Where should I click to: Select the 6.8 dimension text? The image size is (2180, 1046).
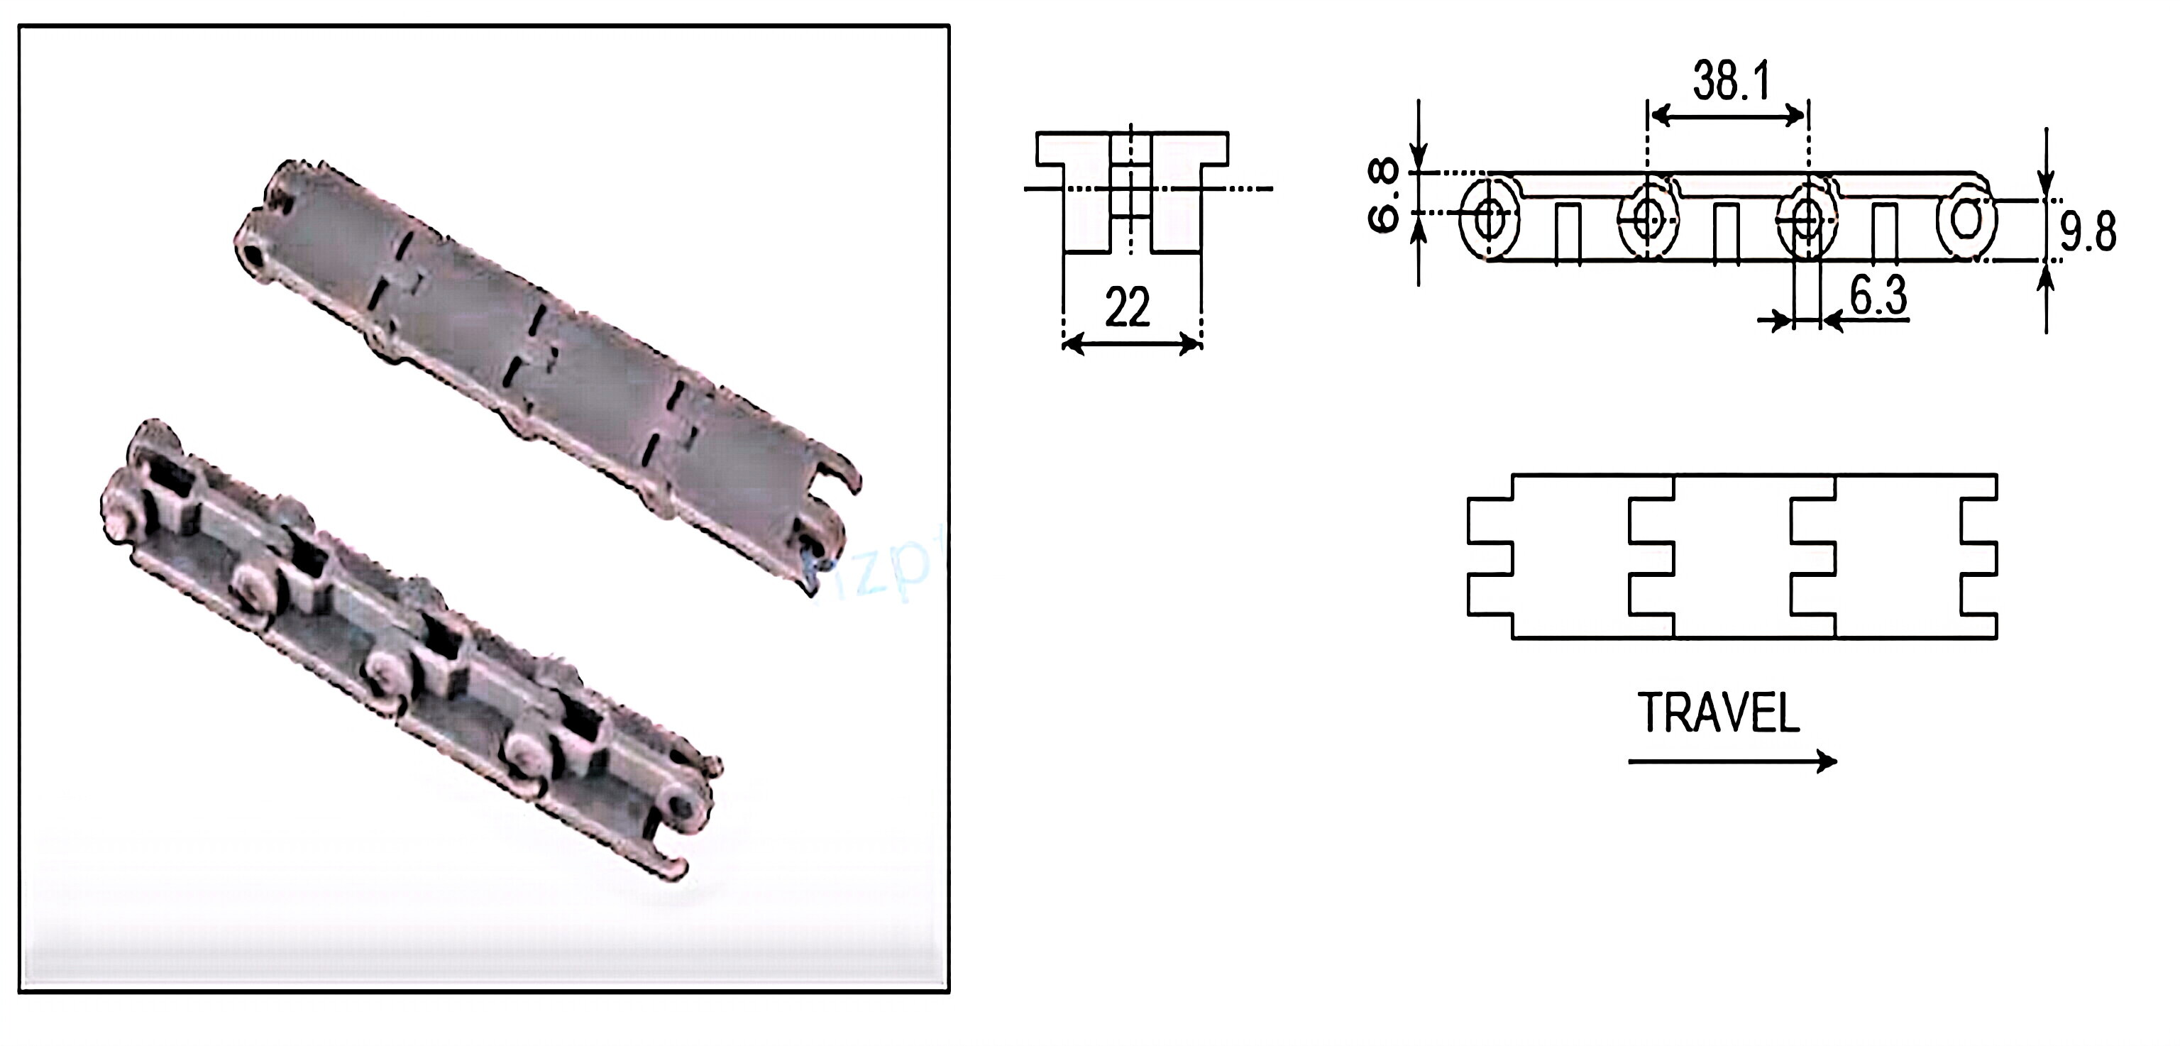[1384, 197]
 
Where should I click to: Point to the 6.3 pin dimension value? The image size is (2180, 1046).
[1878, 295]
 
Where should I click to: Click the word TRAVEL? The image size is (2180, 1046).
[1718, 713]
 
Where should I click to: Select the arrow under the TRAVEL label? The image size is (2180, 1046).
[1732, 761]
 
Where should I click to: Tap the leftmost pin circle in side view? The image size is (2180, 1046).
[1487, 217]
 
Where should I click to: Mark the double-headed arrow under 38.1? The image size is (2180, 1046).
[1727, 116]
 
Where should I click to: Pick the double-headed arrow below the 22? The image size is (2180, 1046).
[1131, 343]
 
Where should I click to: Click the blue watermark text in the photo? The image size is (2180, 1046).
[880, 576]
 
